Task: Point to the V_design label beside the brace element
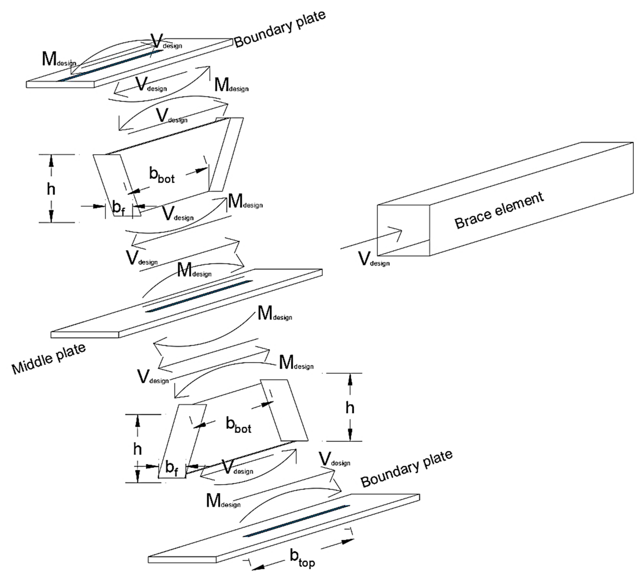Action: click(x=373, y=259)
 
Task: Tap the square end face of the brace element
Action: click(x=403, y=230)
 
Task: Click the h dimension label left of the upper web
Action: click(x=51, y=190)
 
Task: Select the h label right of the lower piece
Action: click(x=350, y=408)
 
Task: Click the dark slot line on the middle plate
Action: click(x=199, y=296)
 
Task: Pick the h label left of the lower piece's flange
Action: click(x=137, y=449)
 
